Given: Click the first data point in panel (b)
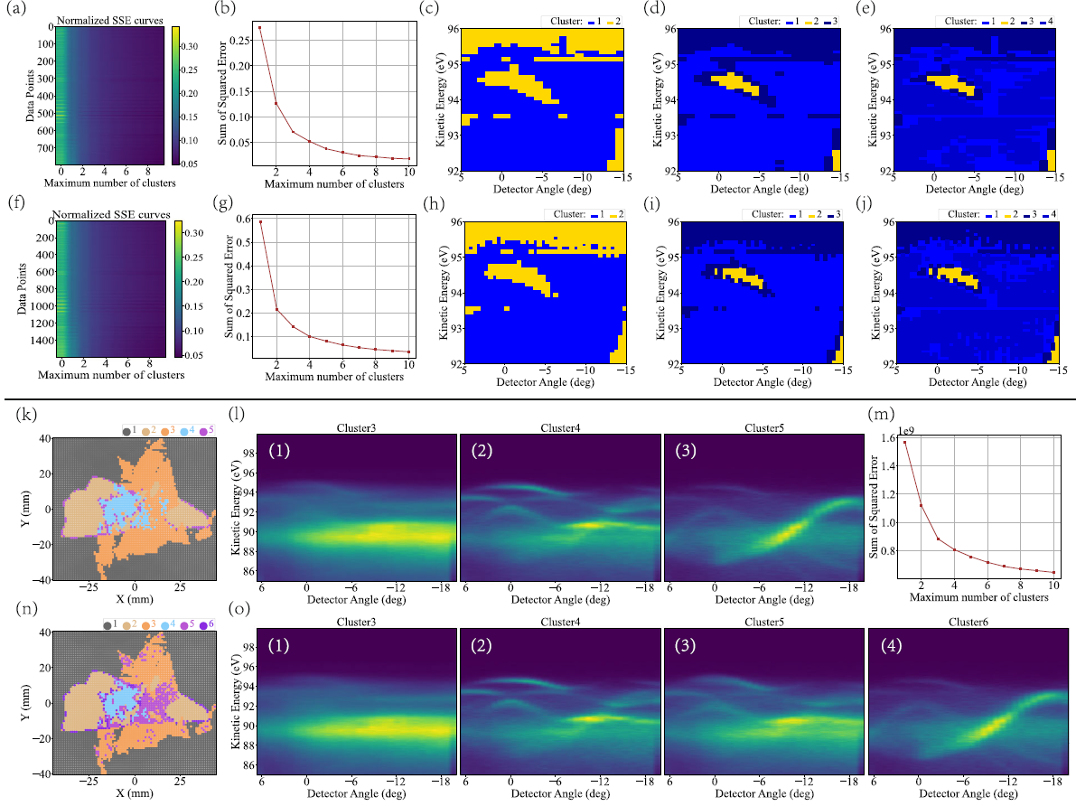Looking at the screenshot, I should pos(260,27).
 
